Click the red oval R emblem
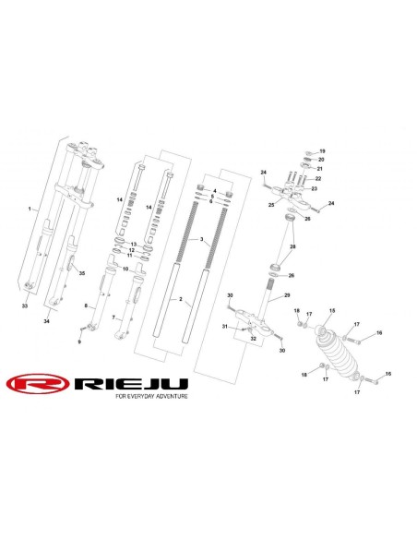click(38, 384)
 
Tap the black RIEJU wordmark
click(131, 384)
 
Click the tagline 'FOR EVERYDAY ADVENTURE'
click(152, 396)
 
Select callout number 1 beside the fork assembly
click(30, 209)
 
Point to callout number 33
click(25, 305)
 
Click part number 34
click(46, 321)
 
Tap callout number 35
click(82, 273)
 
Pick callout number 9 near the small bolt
click(79, 341)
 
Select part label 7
click(113, 317)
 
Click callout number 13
click(133, 245)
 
